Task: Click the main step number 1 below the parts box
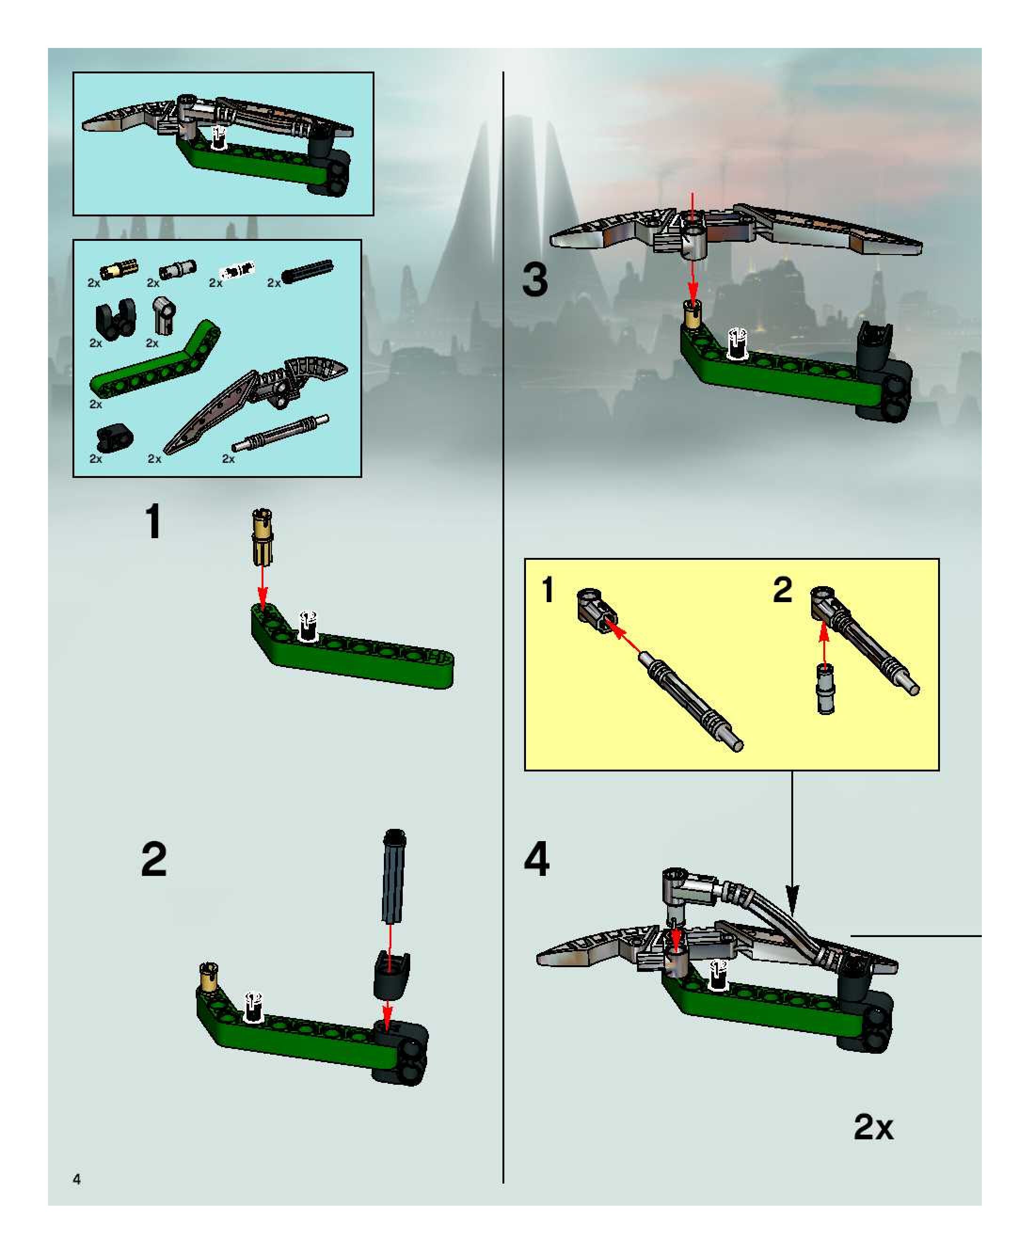(154, 521)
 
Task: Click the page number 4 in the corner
(76, 1178)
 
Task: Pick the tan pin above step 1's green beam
(263, 536)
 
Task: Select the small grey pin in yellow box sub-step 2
(825, 689)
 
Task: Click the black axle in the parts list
(308, 271)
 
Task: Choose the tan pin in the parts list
(119, 270)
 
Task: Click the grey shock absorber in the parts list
(280, 433)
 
